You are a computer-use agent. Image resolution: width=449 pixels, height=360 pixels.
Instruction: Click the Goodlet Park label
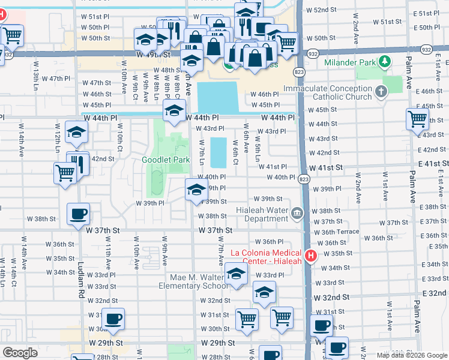[166, 160]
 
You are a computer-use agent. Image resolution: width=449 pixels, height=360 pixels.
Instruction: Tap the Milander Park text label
[348, 62]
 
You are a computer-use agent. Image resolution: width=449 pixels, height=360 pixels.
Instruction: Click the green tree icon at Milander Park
[382, 61]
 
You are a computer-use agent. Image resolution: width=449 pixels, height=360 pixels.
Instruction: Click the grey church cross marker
[379, 92]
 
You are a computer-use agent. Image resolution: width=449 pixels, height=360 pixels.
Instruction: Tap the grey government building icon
[297, 213]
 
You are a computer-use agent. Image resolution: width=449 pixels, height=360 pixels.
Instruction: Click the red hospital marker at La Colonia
[310, 256]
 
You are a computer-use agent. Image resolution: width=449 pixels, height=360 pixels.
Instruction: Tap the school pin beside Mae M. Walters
[237, 274]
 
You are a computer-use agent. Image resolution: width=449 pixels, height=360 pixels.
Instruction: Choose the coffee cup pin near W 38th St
[78, 214]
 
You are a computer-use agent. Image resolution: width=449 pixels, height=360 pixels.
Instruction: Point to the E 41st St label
[429, 164]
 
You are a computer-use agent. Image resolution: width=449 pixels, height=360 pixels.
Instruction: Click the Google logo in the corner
[20, 352]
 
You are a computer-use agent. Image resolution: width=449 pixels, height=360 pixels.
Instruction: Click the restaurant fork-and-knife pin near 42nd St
[78, 162]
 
